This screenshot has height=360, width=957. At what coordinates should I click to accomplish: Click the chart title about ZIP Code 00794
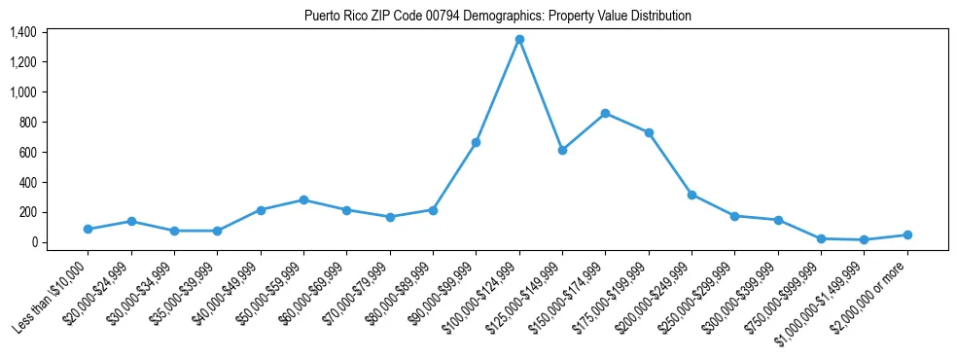(x=497, y=16)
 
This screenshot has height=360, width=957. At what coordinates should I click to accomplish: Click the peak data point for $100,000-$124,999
(x=519, y=39)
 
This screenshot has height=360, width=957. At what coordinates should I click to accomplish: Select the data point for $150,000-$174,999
(x=605, y=113)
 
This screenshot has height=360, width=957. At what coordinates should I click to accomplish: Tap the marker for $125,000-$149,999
(x=562, y=150)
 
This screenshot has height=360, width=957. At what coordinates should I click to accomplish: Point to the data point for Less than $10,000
(x=88, y=230)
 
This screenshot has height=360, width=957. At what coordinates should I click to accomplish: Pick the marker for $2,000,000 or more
(x=907, y=234)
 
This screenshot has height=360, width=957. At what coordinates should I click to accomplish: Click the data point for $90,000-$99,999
(x=476, y=142)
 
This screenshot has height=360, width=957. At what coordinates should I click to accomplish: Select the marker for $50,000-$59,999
(x=303, y=199)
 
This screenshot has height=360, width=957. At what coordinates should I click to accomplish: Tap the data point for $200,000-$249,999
(x=691, y=195)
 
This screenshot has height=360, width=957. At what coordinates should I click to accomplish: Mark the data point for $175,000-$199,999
(x=649, y=132)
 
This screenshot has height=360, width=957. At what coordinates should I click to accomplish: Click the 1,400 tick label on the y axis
(x=23, y=32)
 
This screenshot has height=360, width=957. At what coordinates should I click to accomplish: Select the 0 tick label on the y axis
(x=33, y=242)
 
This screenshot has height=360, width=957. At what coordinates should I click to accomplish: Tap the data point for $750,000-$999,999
(x=821, y=238)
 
